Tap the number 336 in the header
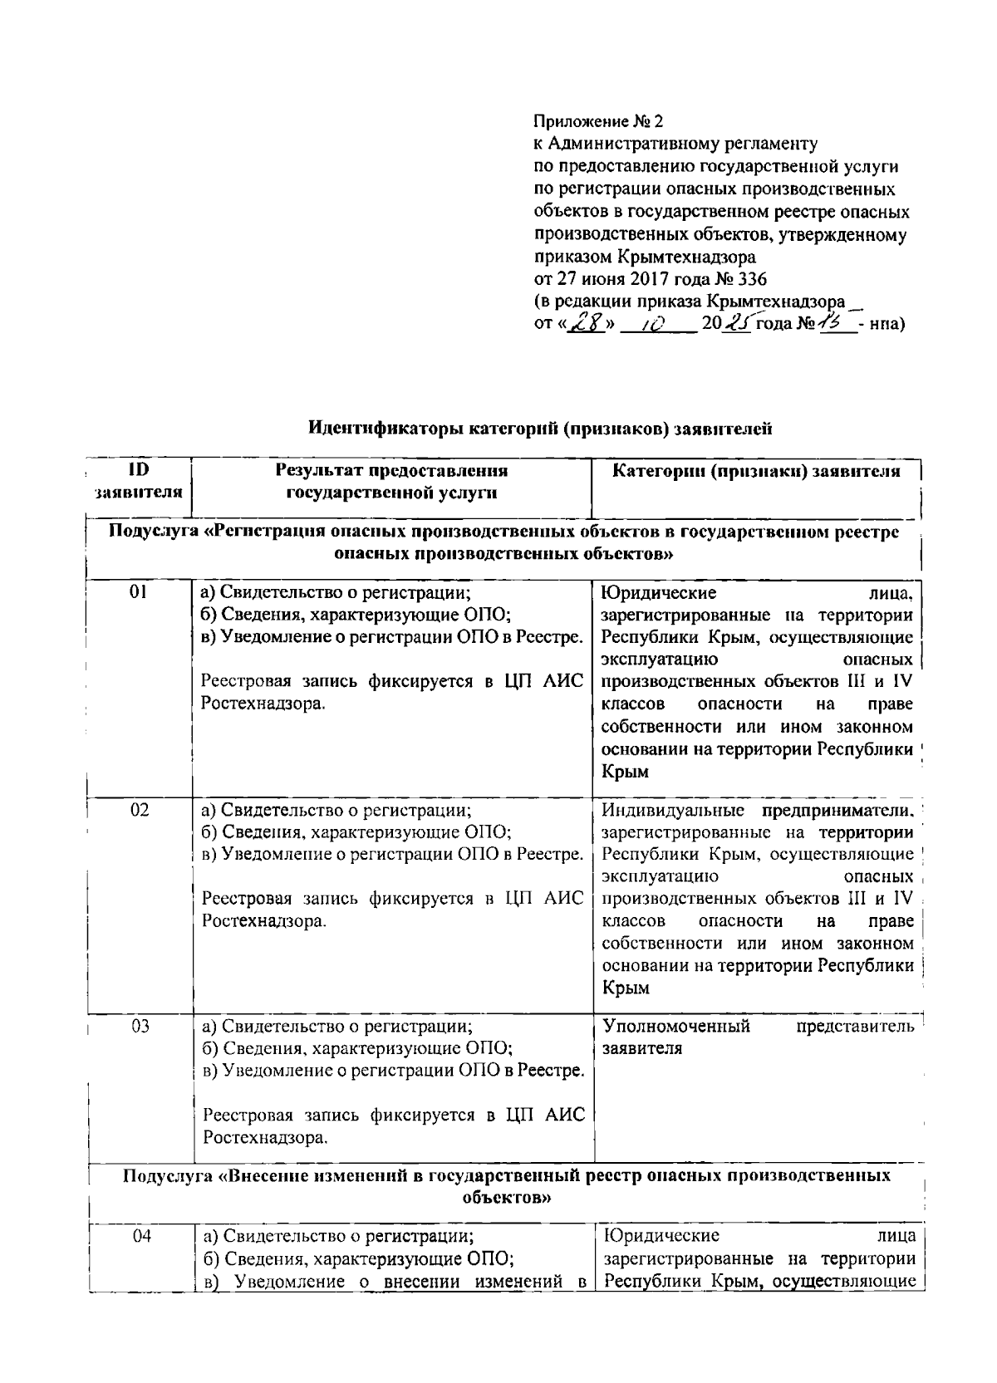752,279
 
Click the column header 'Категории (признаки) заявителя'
756,471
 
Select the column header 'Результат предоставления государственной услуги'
391,482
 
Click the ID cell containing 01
139,592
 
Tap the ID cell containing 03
140,1027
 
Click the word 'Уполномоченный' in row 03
675,1026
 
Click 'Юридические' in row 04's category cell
662,1236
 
